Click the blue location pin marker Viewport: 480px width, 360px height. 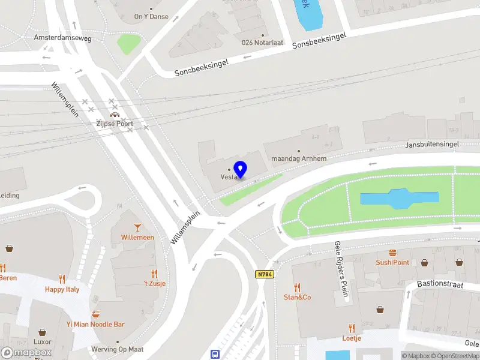point(241,169)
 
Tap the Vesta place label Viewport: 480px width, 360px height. point(229,177)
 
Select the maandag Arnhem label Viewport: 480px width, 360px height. point(299,158)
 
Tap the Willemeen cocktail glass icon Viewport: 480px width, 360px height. point(137,227)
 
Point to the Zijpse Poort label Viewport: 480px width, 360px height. point(115,124)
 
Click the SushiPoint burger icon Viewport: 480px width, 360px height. point(392,253)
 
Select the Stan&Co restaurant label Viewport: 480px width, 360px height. point(297,297)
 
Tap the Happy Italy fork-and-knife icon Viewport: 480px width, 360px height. point(62,279)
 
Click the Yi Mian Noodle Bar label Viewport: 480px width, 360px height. point(95,325)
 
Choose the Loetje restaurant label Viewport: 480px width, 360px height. point(352,338)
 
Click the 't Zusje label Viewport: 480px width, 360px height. point(154,284)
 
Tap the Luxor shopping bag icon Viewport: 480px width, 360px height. point(42,332)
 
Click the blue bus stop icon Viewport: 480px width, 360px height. point(214,354)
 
